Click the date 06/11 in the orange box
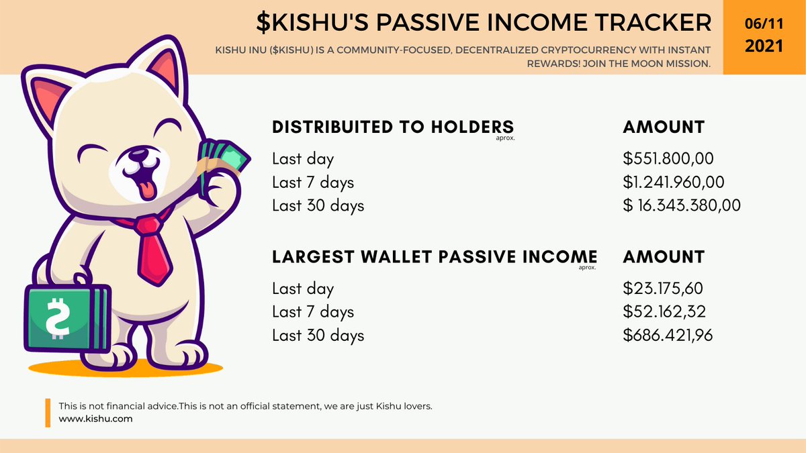tap(764, 23)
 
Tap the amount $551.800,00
tap(668, 159)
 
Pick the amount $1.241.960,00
tap(674, 182)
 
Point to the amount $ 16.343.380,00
tap(682, 205)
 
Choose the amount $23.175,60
tap(663, 289)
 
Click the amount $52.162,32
tap(664, 311)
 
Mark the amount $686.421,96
tap(668, 335)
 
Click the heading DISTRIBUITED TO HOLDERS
tap(393, 127)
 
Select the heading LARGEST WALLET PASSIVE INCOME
tap(435, 256)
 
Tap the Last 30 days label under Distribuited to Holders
tap(318, 205)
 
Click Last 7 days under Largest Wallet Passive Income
tap(313, 311)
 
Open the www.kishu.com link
tap(95, 418)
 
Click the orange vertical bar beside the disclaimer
tap(48, 413)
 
